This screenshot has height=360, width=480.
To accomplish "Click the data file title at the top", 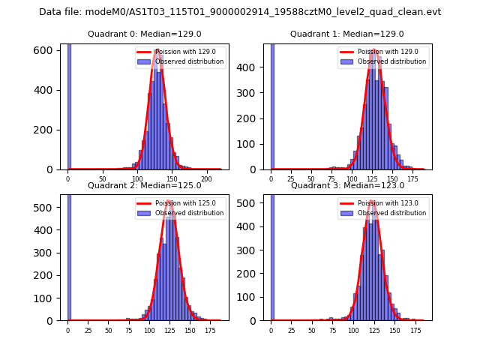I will (x=240, y=12).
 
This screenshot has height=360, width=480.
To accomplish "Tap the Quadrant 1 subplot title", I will (x=347, y=34).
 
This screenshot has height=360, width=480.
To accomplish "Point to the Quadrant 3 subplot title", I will (x=347, y=185).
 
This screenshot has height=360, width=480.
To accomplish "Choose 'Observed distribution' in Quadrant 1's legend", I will (x=398, y=61).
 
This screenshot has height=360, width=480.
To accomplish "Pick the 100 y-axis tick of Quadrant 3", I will (x=254, y=297).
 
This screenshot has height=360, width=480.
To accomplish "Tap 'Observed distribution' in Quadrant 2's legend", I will (x=196, y=213).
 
